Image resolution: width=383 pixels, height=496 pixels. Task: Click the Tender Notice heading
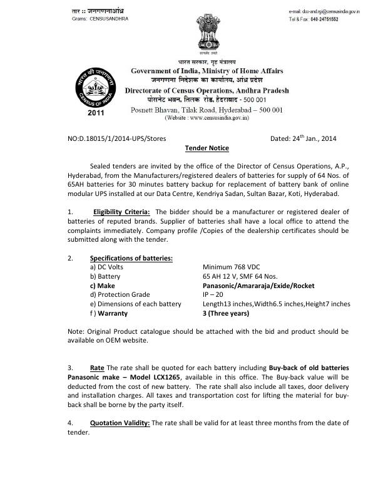pyautogui.click(x=207, y=148)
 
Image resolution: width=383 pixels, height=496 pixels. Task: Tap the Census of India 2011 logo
pyautogui.click(x=92, y=93)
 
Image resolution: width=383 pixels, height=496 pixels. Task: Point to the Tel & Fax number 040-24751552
pyautogui.click(x=330, y=19)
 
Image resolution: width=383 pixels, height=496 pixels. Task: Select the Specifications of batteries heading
pyautogui.click(x=131, y=259)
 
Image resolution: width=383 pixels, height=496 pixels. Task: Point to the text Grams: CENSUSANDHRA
pyautogui.click(x=100, y=19)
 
